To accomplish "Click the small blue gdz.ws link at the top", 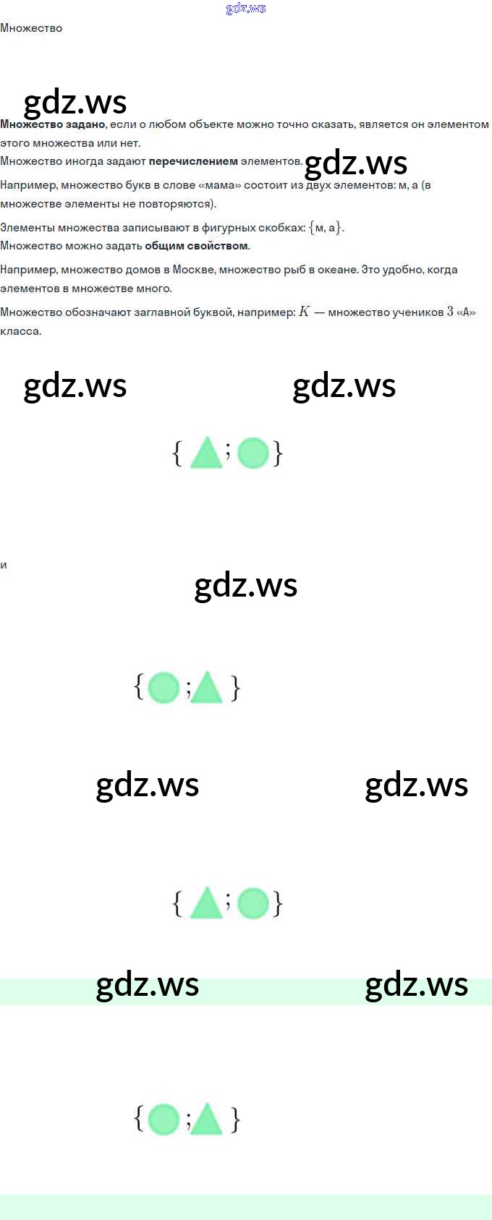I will [246, 9].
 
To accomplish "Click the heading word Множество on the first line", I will [31, 28].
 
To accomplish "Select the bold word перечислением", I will [193, 161].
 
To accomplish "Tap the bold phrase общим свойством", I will [196, 246].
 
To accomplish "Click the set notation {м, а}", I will [326, 228].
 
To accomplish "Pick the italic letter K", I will [304, 312].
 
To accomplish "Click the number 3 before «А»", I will [450, 312].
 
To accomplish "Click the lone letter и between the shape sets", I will [4, 565].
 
